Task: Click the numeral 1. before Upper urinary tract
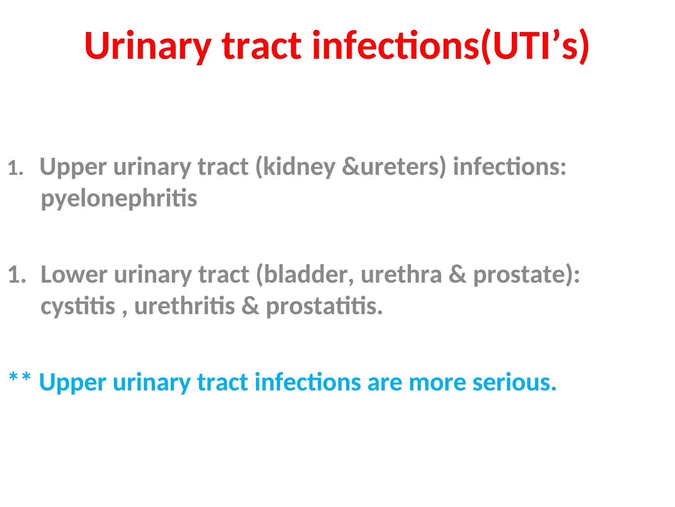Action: tap(15, 168)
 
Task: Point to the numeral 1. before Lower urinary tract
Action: tap(17, 275)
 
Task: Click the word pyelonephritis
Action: tap(119, 199)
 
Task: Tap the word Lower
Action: tap(74, 275)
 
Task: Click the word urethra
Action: tap(401, 275)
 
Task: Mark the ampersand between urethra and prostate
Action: tap(457, 275)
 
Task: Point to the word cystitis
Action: tap(78, 306)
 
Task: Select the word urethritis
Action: tap(185, 306)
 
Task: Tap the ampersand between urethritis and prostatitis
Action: tap(250, 306)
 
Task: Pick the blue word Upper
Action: tap(73, 383)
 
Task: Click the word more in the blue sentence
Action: tap(437, 383)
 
